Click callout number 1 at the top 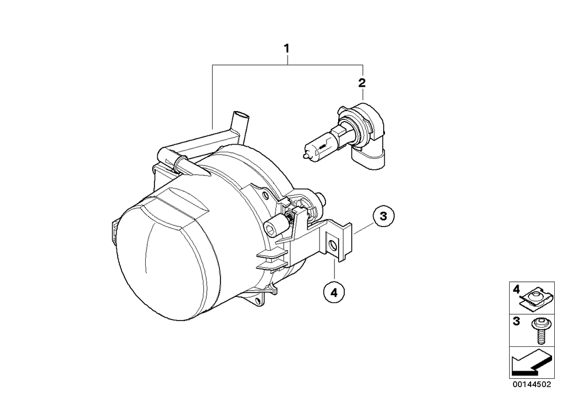[286, 48]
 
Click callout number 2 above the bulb [361, 83]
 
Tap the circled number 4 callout [334, 292]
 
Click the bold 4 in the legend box [516, 288]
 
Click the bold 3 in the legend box [516, 321]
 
